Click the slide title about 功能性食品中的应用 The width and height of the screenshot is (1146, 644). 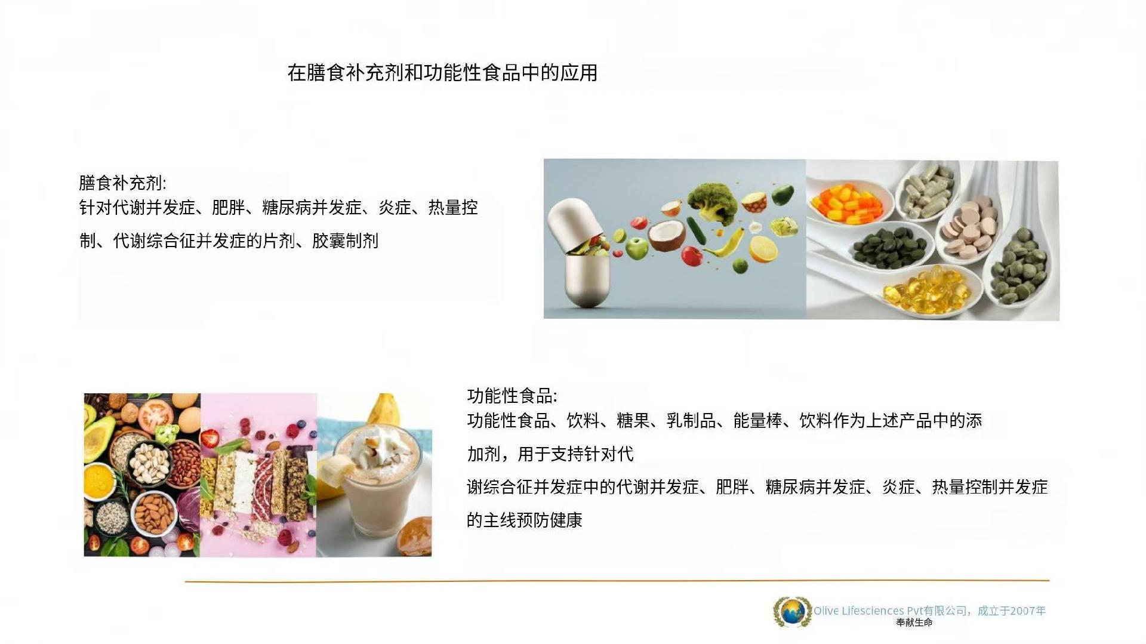(442, 73)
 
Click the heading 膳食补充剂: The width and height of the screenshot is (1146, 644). (122, 183)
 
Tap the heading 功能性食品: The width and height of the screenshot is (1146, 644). (512, 396)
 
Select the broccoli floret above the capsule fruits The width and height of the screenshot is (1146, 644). (712, 203)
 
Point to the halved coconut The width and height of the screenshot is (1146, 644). (667, 235)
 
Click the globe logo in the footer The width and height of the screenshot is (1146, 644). (793, 612)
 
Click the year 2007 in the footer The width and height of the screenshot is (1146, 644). (1022, 611)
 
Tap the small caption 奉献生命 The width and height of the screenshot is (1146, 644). (914, 623)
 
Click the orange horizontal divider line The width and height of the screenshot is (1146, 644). (617, 580)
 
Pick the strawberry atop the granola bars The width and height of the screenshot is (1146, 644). (210, 437)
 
